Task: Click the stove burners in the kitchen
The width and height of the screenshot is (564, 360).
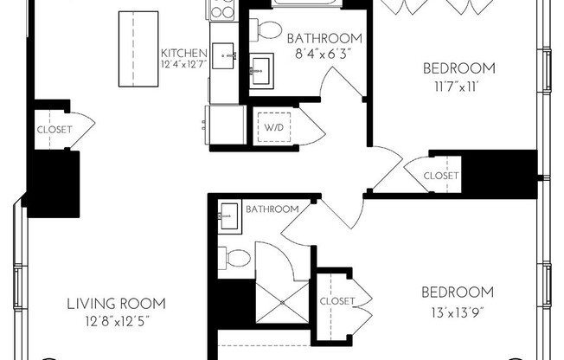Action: click(222, 10)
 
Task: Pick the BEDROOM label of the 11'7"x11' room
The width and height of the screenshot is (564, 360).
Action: click(458, 68)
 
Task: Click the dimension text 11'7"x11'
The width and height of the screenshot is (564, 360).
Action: click(458, 86)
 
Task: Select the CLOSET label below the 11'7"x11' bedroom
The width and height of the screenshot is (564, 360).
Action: click(440, 176)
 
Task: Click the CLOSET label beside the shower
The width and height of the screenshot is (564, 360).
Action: click(336, 301)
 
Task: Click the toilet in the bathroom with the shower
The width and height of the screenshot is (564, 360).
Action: click(234, 257)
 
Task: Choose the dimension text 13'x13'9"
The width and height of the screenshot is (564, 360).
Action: click(458, 310)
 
